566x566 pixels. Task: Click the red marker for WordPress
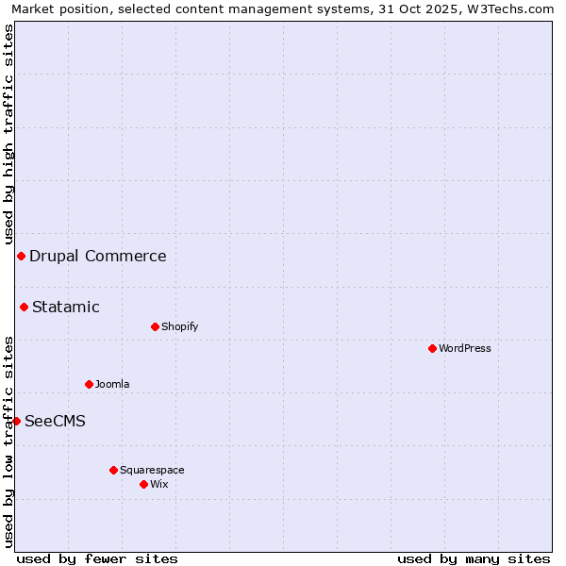(432, 348)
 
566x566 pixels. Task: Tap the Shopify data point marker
(155, 326)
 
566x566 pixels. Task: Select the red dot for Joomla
(89, 384)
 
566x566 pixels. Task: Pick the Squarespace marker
(113, 470)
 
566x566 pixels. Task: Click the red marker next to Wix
(143, 484)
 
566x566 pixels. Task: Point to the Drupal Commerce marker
(21, 256)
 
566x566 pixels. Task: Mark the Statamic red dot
(24, 307)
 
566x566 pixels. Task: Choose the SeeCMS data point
(16, 421)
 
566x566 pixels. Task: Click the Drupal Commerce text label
(98, 256)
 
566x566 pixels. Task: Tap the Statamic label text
(66, 307)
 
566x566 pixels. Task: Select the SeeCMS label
(55, 421)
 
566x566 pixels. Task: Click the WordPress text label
(465, 348)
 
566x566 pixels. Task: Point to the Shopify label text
(180, 326)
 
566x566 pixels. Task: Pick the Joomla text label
(112, 384)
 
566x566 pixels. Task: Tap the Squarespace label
(152, 470)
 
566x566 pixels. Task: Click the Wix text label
(158, 484)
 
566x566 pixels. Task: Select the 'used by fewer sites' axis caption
(97, 558)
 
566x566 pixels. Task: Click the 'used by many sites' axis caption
(474, 558)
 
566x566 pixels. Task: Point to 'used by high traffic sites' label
(8, 136)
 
